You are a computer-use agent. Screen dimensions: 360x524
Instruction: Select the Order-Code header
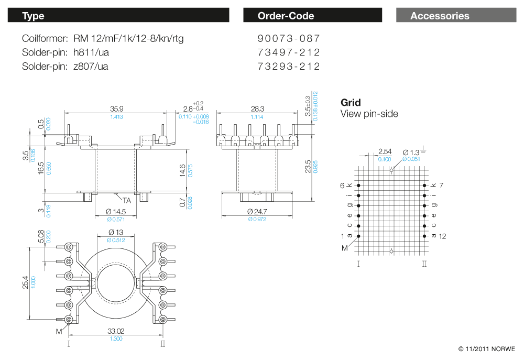312,16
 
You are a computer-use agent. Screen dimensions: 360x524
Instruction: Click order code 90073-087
289,39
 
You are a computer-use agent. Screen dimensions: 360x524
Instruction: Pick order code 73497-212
289,52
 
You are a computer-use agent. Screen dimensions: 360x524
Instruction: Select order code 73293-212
289,67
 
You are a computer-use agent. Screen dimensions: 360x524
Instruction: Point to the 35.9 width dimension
116,109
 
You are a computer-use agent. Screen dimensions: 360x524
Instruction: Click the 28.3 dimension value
257,109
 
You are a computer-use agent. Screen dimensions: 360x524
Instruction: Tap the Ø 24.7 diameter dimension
257,211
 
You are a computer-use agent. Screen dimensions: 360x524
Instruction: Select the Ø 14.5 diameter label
116,211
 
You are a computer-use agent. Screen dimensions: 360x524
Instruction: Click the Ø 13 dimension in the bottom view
116,232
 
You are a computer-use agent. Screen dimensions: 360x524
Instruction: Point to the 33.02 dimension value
116,331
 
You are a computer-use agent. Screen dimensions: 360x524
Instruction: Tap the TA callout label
127,200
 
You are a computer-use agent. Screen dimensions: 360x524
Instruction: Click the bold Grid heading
351,103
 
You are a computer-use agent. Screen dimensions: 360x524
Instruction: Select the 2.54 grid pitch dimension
384,152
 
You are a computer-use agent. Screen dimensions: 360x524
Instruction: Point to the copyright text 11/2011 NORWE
487,348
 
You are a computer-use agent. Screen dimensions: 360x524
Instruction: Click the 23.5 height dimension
308,167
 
